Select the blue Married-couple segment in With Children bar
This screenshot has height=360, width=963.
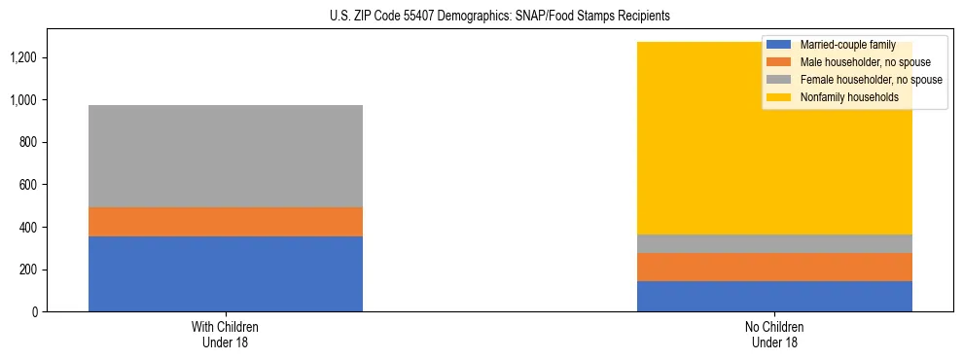[226, 273]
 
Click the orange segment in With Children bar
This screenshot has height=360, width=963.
[226, 222]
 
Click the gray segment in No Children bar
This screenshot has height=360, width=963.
[774, 243]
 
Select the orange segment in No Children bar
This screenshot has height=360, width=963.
[774, 267]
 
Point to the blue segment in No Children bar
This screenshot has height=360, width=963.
[774, 296]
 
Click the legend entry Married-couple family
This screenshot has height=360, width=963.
[847, 45]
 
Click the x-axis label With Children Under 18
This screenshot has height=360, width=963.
[226, 334]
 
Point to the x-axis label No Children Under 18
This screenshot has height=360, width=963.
[774, 334]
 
